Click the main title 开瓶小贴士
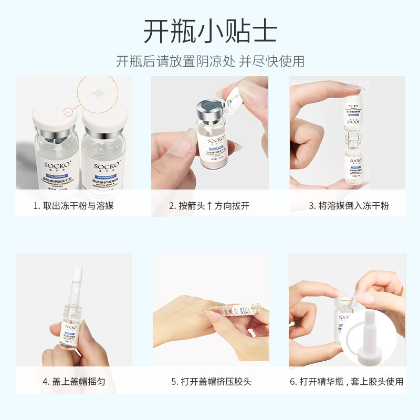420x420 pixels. [210, 31]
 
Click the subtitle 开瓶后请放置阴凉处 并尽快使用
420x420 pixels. [210, 61]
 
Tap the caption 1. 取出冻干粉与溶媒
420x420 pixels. [73, 205]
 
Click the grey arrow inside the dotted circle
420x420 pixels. [97, 92]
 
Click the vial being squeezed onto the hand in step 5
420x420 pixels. [239, 310]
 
